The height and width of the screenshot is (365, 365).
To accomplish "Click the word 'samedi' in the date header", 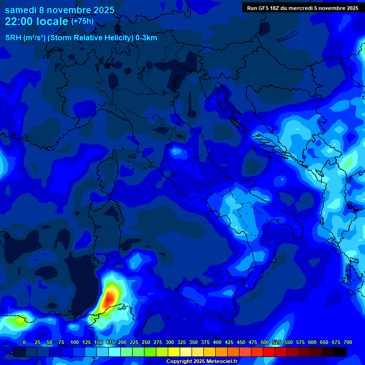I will pos(21,10).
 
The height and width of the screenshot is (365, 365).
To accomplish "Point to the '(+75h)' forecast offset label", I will pos(82,21).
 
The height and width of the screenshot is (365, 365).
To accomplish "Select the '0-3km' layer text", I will pos(146,38).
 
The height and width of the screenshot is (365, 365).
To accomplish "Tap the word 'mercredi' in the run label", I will pos(310,8).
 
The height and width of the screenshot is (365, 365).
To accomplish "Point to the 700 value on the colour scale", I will pos(348,342).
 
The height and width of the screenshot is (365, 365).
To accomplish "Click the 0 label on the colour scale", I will pos(24,342).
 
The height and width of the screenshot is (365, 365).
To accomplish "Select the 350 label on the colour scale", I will pos(193,342).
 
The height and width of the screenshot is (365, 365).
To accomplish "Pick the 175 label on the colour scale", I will pos(110,342).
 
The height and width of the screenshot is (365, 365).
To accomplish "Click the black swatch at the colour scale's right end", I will pos(340,352).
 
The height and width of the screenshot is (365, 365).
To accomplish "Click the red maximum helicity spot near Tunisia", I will pos(109,298).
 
